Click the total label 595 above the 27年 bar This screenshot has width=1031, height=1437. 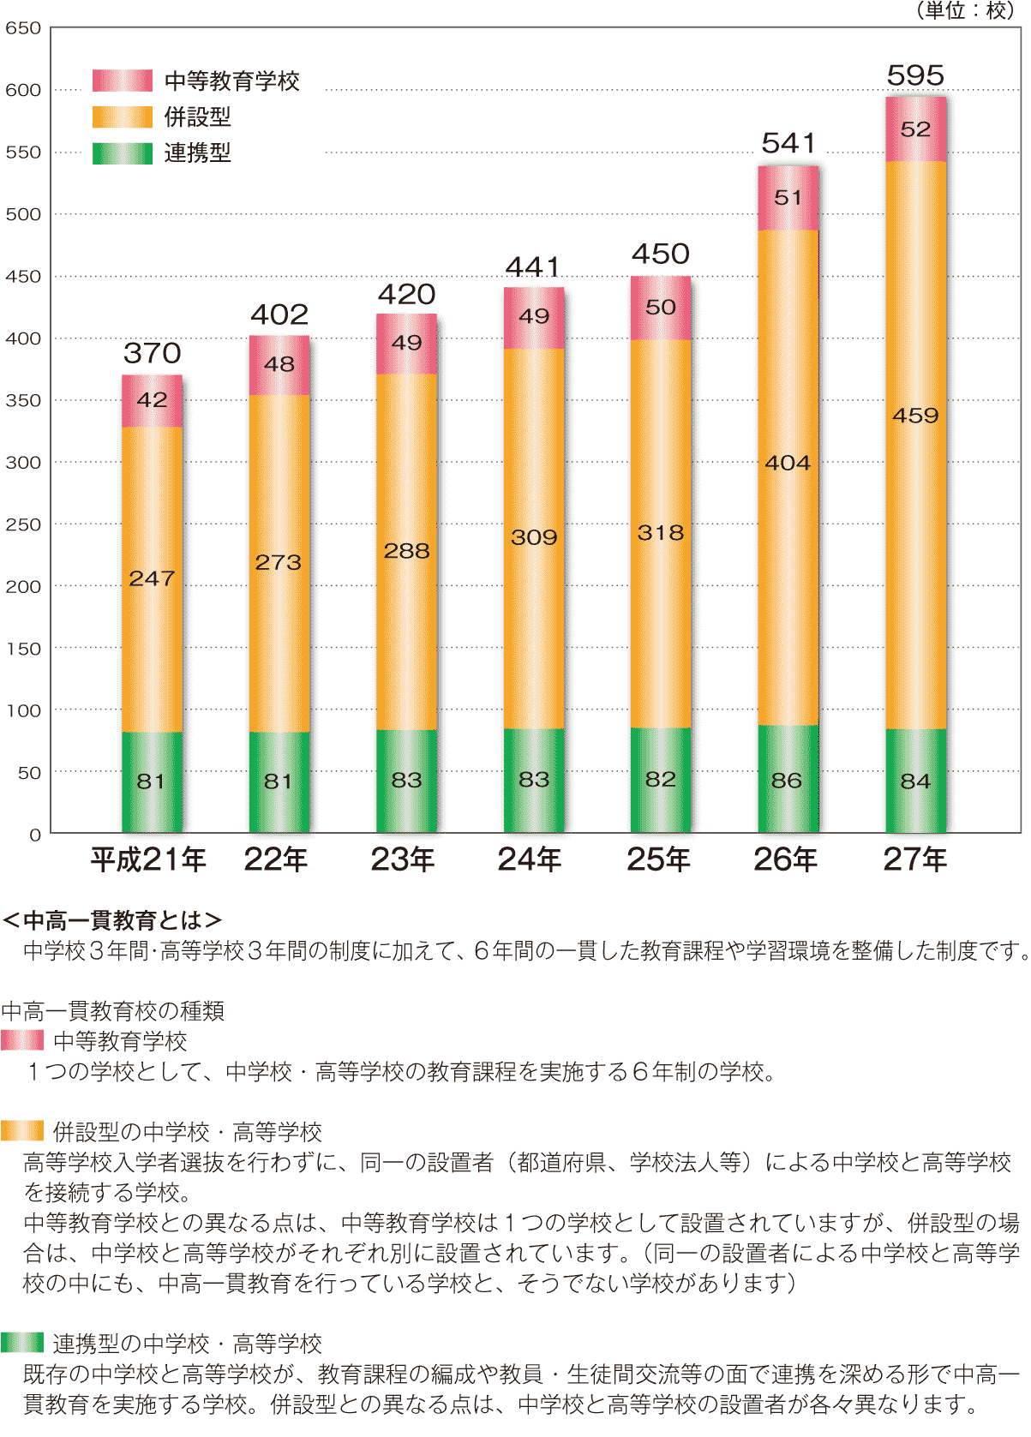[915, 76]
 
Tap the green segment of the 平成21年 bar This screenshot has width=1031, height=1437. [152, 781]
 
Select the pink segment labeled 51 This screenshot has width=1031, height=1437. [788, 198]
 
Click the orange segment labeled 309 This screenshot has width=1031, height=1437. [534, 537]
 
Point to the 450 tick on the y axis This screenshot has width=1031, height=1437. [23, 276]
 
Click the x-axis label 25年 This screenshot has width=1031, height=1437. [658, 859]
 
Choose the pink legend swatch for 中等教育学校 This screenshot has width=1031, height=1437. [123, 81]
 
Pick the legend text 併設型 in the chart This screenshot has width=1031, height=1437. [197, 117]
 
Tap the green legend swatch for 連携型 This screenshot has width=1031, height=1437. [123, 153]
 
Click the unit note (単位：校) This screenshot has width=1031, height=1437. [964, 11]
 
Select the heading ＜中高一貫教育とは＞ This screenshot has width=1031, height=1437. [112, 920]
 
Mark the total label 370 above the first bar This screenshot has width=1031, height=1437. [152, 353]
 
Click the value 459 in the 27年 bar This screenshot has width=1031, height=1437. [915, 416]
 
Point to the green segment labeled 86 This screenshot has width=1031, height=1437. [788, 780]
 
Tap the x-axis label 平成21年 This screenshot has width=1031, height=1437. [148, 859]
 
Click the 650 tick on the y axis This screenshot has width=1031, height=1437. [23, 28]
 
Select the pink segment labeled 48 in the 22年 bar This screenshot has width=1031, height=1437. [279, 364]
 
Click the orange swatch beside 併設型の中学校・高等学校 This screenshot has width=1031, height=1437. [22, 1131]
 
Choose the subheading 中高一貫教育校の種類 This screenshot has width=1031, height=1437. [113, 1011]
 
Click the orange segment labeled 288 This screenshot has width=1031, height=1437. [406, 551]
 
